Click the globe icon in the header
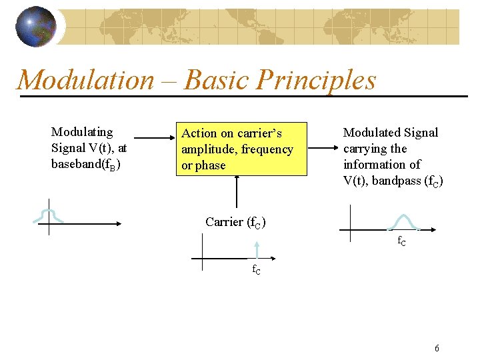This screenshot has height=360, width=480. (x=36, y=27)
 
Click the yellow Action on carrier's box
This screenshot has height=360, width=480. (x=241, y=149)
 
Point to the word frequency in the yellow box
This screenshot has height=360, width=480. (x=267, y=149)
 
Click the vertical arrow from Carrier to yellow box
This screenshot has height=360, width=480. (x=236, y=193)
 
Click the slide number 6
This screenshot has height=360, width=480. (x=437, y=348)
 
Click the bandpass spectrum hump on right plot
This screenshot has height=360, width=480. (x=403, y=221)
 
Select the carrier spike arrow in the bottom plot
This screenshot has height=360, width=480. (x=256, y=249)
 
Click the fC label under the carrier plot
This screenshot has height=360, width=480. (x=256, y=270)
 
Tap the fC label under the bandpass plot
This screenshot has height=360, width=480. (x=403, y=241)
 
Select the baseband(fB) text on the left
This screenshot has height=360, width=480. (x=86, y=164)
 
